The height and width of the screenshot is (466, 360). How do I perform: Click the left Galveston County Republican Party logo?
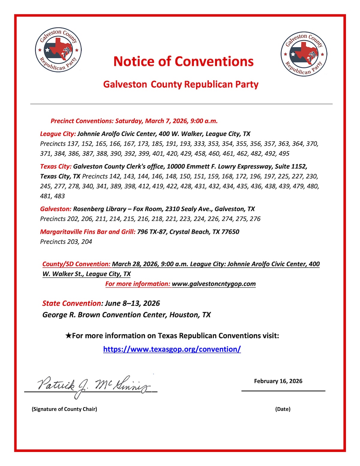(58, 50)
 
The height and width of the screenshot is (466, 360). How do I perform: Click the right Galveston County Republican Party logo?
(304, 54)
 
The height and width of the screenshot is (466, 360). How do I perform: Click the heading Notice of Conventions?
(183, 62)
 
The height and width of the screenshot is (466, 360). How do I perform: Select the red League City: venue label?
(58, 134)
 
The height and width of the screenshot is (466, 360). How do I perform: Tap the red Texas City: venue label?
(56, 167)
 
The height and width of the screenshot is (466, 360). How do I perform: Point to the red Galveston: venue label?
(56, 209)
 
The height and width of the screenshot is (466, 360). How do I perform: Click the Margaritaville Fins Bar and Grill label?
(88, 232)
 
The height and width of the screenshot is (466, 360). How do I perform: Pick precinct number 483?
(59, 196)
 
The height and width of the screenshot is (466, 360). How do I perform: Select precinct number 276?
(255, 219)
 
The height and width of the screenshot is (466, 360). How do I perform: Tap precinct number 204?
(86, 242)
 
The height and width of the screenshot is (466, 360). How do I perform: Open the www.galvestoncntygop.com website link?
(214, 284)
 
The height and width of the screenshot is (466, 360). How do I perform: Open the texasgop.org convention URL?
(172, 349)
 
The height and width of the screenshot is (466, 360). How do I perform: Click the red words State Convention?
(72, 303)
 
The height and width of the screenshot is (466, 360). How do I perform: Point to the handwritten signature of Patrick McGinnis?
(93, 386)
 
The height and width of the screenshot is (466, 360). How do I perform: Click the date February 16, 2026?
(278, 381)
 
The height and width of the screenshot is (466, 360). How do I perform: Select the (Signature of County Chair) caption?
(64, 409)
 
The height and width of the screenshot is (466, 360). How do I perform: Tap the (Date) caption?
(283, 409)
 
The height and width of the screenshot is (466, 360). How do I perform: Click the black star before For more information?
(68, 336)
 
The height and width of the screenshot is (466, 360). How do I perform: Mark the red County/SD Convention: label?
(76, 264)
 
